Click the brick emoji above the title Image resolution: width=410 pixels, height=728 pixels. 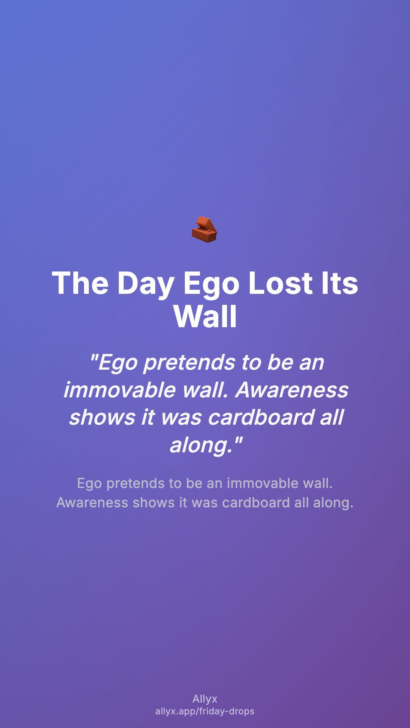[x=205, y=229]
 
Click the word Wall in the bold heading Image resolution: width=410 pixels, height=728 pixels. [x=205, y=316]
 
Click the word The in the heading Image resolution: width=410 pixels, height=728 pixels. [x=80, y=283]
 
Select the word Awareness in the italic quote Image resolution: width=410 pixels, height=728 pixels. [x=292, y=390]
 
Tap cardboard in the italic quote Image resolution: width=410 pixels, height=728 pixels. [x=261, y=417]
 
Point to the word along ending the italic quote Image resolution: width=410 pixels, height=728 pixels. [x=201, y=445]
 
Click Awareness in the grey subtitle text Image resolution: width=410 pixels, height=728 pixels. [x=92, y=503]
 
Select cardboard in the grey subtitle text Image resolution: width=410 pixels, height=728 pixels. [x=256, y=503]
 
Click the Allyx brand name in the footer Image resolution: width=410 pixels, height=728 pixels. [x=205, y=699]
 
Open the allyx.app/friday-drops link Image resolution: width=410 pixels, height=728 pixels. [x=205, y=711]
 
